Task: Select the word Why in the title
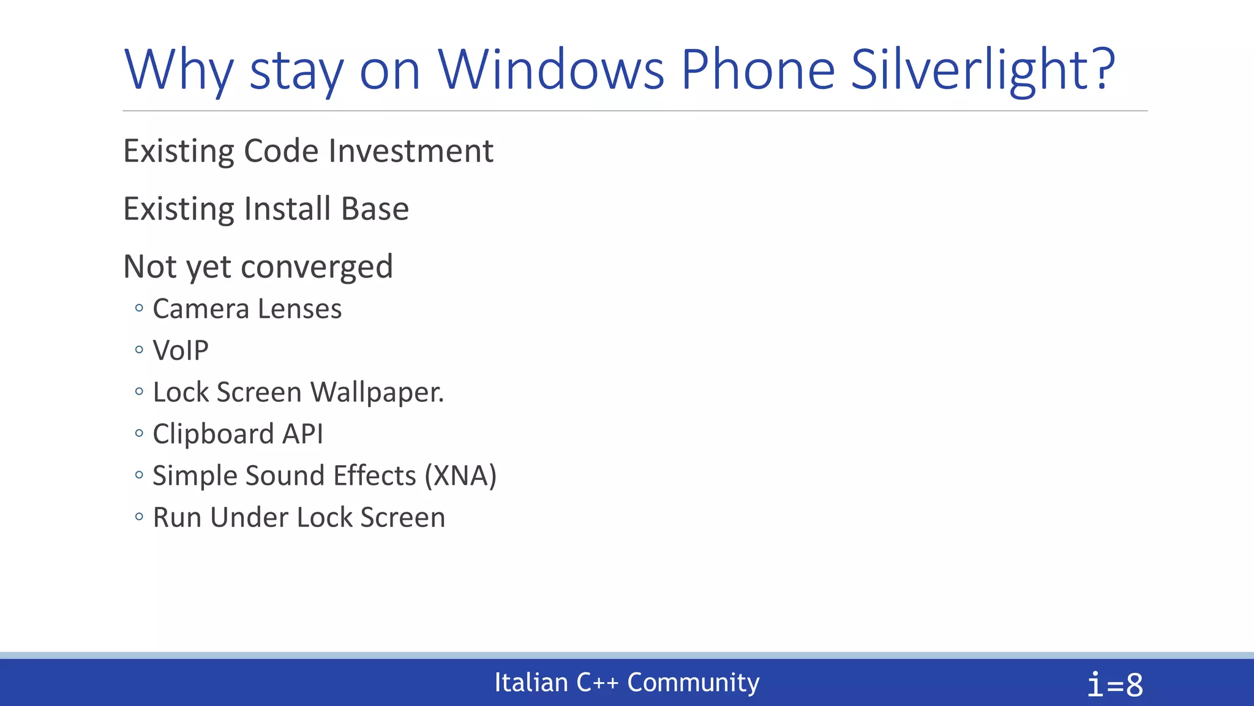click(x=178, y=70)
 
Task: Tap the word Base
click(x=375, y=208)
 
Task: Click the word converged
click(x=317, y=267)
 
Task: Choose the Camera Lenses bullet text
click(x=247, y=308)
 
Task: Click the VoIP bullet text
click(x=181, y=351)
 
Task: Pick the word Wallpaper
click(x=377, y=392)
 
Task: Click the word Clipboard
click(x=212, y=434)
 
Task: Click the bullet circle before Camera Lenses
click(x=139, y=308)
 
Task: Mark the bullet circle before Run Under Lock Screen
click(x=139, y=517)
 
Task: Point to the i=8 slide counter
click(x=1115, y=685)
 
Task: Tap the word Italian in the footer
click(x=531, y=682)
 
